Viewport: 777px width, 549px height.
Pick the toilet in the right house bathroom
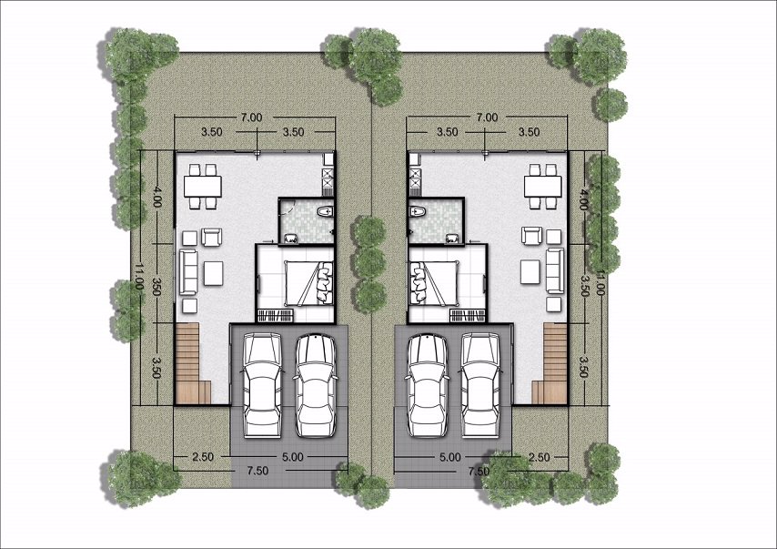pyautogui.click(x=419, y=213)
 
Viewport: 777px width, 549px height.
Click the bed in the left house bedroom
pyautogui.click(x=305, y=282)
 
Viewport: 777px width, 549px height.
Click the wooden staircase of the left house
pyautogui.click(x=189, y=365)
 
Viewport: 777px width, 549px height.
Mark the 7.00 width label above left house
pyautogui.click(x=252, y=117)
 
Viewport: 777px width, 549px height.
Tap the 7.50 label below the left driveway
pyautogui.click(x=258, y=471)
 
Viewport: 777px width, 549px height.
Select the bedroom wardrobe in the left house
pyautogui.click(x=277, y=316)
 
